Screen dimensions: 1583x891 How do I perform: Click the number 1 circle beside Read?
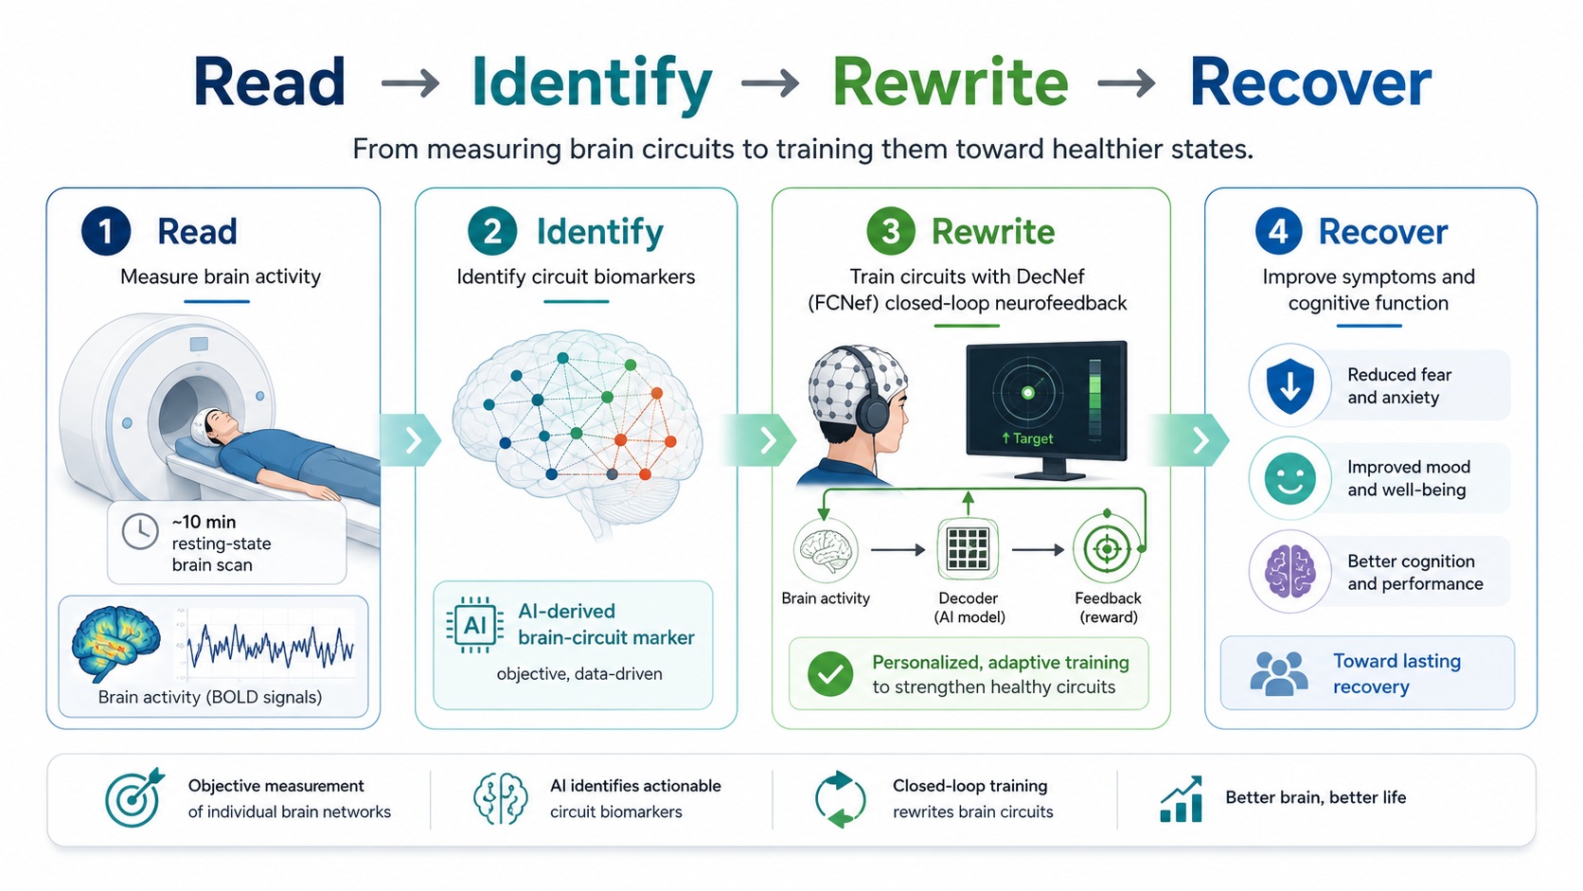click(x=106, y=231)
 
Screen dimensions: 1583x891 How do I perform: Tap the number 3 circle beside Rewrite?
click(x=890, y=231)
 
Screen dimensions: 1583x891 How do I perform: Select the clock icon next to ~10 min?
click(x=140, y=531)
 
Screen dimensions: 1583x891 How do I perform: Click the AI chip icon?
click(x=475, y=625)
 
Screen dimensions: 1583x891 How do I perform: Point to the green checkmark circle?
click(x=829, y=674)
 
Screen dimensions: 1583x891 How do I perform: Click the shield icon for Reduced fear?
click(x=1290, y=385)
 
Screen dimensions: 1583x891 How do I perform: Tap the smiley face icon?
click(x=1290, y=479)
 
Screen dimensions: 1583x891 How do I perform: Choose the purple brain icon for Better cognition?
click(x=1290, y=572)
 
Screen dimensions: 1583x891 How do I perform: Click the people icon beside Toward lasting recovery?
click(x=1278, y=673)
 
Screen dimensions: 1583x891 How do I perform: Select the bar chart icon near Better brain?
click(x=1181, y=798)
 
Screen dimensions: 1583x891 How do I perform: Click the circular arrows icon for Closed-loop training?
click(x=840, y=799)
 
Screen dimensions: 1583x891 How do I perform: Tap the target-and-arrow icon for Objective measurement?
click(x=134, y=797)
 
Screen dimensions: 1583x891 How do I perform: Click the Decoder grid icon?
click(x=968, y=549)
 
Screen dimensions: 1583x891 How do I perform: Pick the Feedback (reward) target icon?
click(x=1107, y=549)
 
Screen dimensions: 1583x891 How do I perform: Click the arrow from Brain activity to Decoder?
click(x=898, y=550)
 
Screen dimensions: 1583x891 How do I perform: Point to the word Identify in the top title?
click(x=592, y=83)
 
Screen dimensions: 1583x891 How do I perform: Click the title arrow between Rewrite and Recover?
click(x=1127, y=84)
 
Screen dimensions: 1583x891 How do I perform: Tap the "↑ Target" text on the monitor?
click(x=1027, y=438)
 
